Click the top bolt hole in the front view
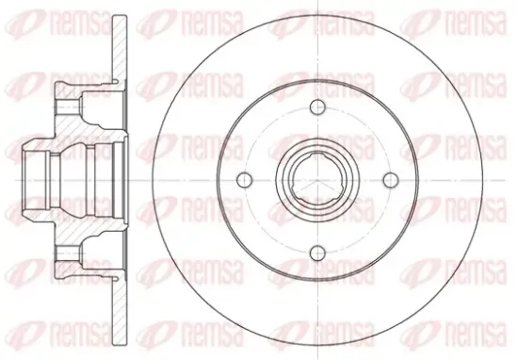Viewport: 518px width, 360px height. pos(317,106)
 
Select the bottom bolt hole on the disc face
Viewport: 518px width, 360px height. pos(317,254)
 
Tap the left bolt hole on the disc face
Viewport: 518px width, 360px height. pos(245,179)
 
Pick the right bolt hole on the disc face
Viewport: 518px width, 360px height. pos(391,179)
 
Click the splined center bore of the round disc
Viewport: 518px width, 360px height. pos(317,179)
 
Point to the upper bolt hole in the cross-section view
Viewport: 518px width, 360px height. pos(69,106)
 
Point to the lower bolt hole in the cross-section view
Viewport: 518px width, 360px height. pos(69,254)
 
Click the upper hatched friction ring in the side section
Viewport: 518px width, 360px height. pos(120,48)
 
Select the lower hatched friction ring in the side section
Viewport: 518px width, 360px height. pos(120,312)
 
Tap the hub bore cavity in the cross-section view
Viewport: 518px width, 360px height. pos(76,180)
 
